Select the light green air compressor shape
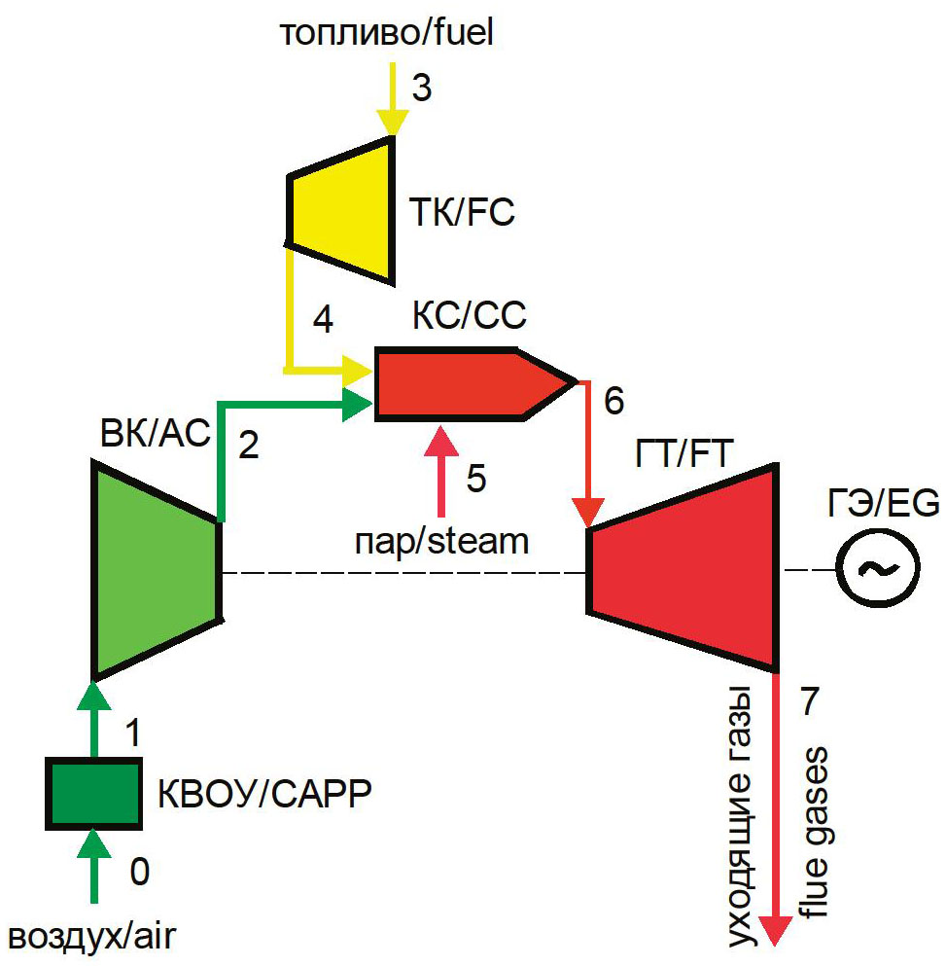tap(156, 569)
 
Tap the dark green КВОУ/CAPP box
tap(94, 794)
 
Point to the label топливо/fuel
tap(387, 33)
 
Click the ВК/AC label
tap(155, 435)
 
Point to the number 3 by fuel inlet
tap(420, 88)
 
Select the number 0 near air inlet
tap(139, 873)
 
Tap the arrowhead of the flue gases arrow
tap(774, 930)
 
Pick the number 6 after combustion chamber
tap(614, 400)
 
